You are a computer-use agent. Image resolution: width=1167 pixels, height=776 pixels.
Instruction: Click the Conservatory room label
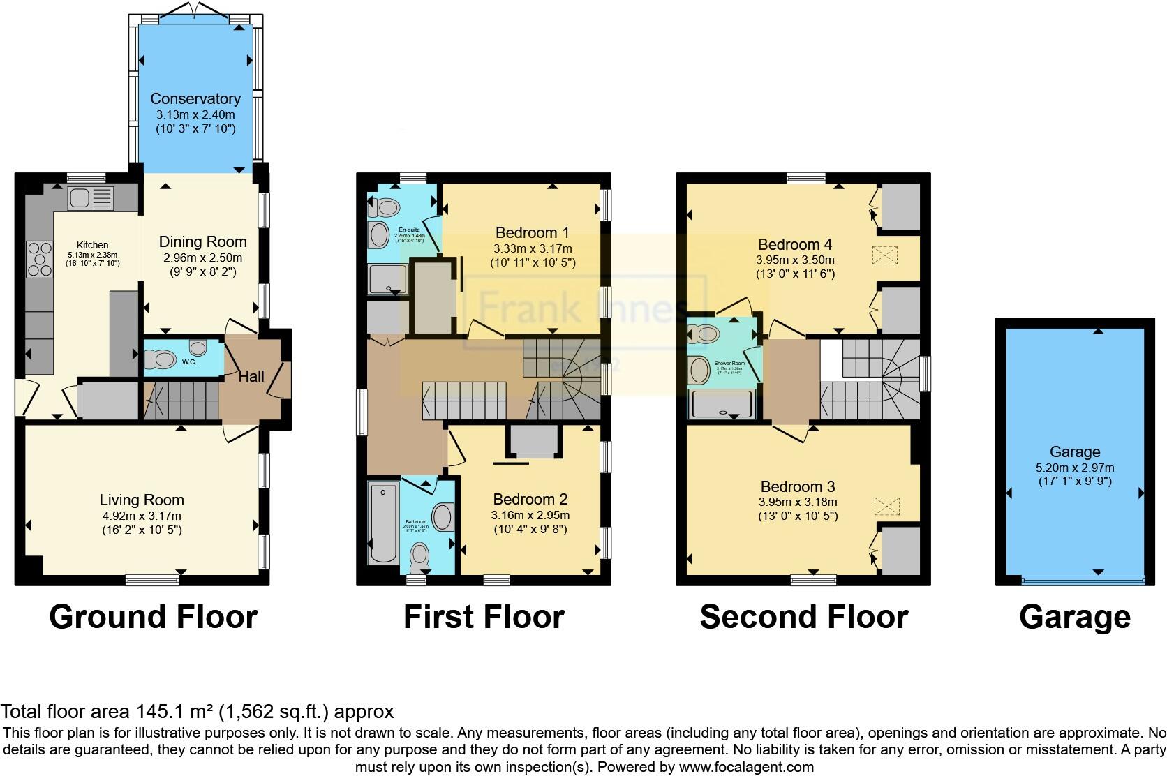click(195, 98)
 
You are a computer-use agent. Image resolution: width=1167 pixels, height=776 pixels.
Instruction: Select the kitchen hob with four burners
click(40, 258)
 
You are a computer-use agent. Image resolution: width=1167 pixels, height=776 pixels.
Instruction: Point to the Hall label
click(251, 377)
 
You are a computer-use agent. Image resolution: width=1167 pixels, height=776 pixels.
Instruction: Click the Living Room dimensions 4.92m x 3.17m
click(142, 516)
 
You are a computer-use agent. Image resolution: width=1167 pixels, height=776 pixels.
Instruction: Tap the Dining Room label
click(202, 242)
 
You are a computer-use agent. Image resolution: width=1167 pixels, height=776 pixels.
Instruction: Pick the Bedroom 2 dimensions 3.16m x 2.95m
click(530, 515)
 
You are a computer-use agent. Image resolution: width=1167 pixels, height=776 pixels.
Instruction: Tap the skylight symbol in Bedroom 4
click(886, 255)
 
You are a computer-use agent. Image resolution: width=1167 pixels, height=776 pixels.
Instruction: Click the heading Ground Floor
click(153, 618)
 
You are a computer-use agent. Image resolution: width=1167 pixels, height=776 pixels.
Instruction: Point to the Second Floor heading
click(803, 618)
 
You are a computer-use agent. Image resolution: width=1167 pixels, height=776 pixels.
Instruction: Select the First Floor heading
click(484, 618)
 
